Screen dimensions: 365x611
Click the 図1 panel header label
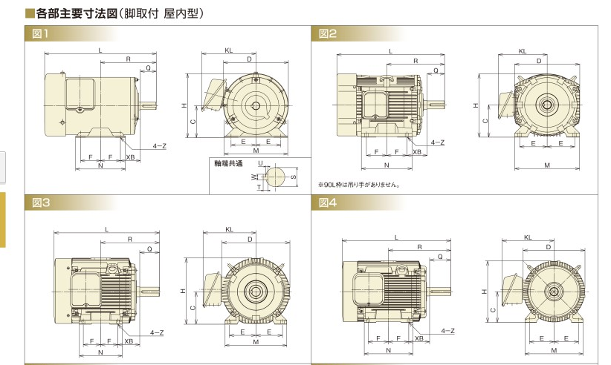point(40,33)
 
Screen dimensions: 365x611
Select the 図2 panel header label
point(327,33)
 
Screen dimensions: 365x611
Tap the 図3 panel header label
point(40,202)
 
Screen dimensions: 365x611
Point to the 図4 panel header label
point(327,202)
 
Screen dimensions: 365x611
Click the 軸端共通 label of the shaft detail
point(227,162)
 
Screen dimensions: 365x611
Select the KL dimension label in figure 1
point(230,50)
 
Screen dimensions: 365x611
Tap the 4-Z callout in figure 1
point(159,146)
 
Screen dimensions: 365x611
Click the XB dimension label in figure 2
point(417,151)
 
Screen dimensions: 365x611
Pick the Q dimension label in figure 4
point(439,257)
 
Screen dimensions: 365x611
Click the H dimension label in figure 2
point(476,106)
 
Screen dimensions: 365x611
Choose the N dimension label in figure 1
point(100,165)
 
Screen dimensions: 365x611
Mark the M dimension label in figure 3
point(256,342)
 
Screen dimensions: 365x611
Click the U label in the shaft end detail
point(260,162)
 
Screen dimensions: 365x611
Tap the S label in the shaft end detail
point(293,177)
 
